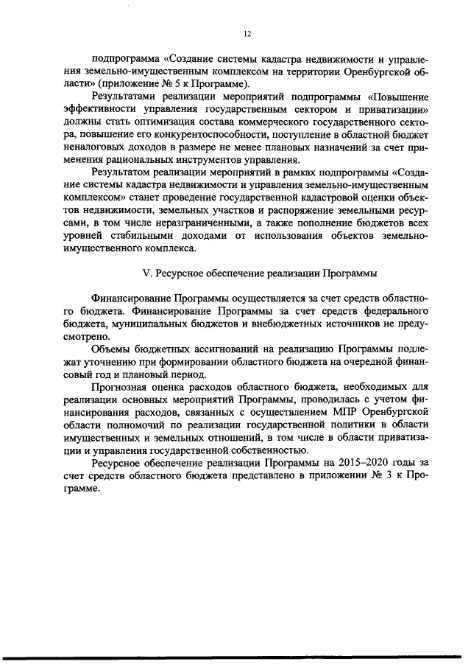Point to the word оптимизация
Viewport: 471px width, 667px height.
click(152, 122)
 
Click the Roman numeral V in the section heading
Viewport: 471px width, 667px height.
click(146, 273)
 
